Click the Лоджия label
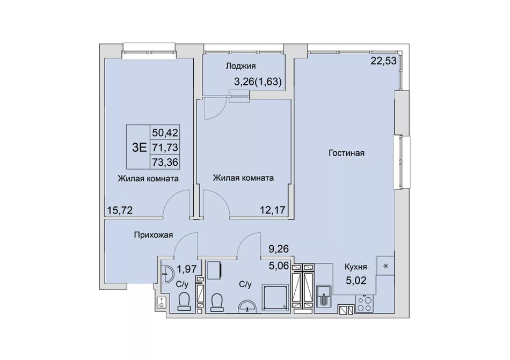click(241, 66)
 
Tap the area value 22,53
click(384, 61)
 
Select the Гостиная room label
click(346, 153)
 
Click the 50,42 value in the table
click(165, 133)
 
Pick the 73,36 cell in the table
click(165, 162)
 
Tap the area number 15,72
click(120, 210)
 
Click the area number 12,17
click(273, 210)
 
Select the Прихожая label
click(154, 234)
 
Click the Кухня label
click(356, 267)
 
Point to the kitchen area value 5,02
click(356, 280)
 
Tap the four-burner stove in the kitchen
click(364, 303)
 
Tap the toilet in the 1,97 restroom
click(184, 301)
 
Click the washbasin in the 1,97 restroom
click(167, 274)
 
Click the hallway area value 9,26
click(279, 249)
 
